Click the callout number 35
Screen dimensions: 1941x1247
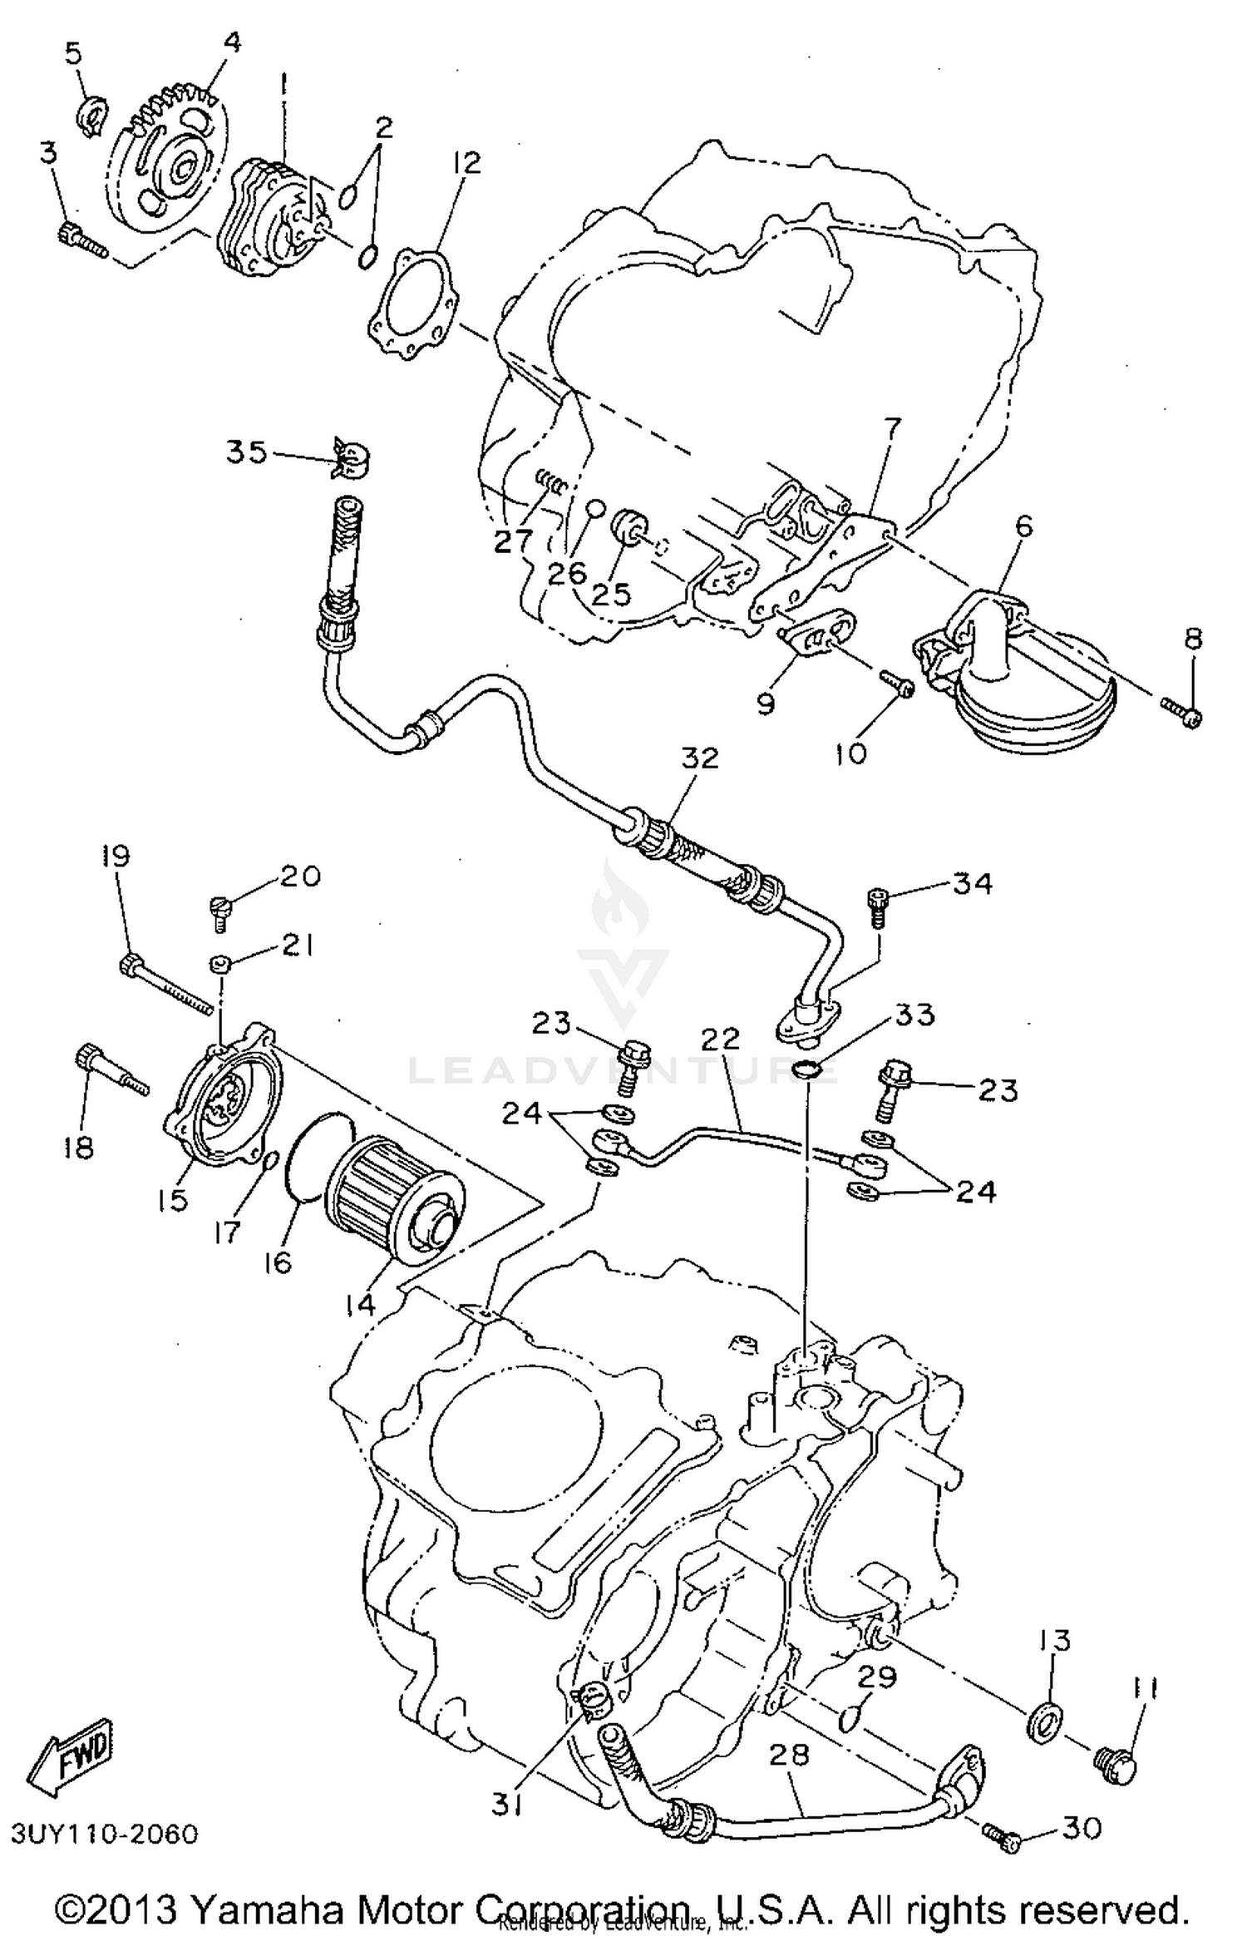[x=246, y=453]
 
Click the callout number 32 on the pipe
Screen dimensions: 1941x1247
[x=700, y=758]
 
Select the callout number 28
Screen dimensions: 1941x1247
[x=788, y=1756]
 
